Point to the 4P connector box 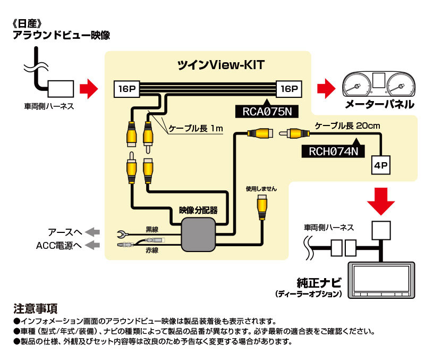click(381, 165)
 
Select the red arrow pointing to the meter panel click(326, 88)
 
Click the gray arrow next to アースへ click(92, 231)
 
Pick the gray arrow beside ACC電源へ click(92, 245)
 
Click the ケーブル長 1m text click(193, 129)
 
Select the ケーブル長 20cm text click(345, 126)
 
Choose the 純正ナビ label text click(319, 282)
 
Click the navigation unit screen click(381, 279)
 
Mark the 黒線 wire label click(152, 230)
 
